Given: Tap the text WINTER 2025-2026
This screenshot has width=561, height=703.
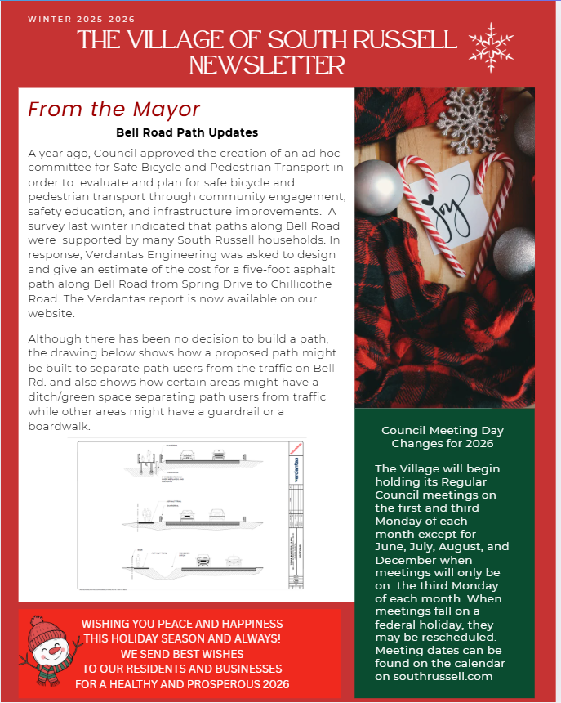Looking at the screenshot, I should point(81,19).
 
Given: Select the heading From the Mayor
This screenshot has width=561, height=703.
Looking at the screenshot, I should point(114,110).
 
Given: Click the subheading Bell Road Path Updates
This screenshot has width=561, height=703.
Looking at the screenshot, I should point(187,132).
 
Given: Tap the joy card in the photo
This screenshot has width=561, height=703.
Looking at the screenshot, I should point(447,204).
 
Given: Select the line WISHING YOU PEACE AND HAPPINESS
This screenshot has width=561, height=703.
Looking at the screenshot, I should point(182,624).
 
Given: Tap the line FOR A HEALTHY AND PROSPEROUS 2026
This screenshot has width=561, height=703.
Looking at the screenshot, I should point(182,684).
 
